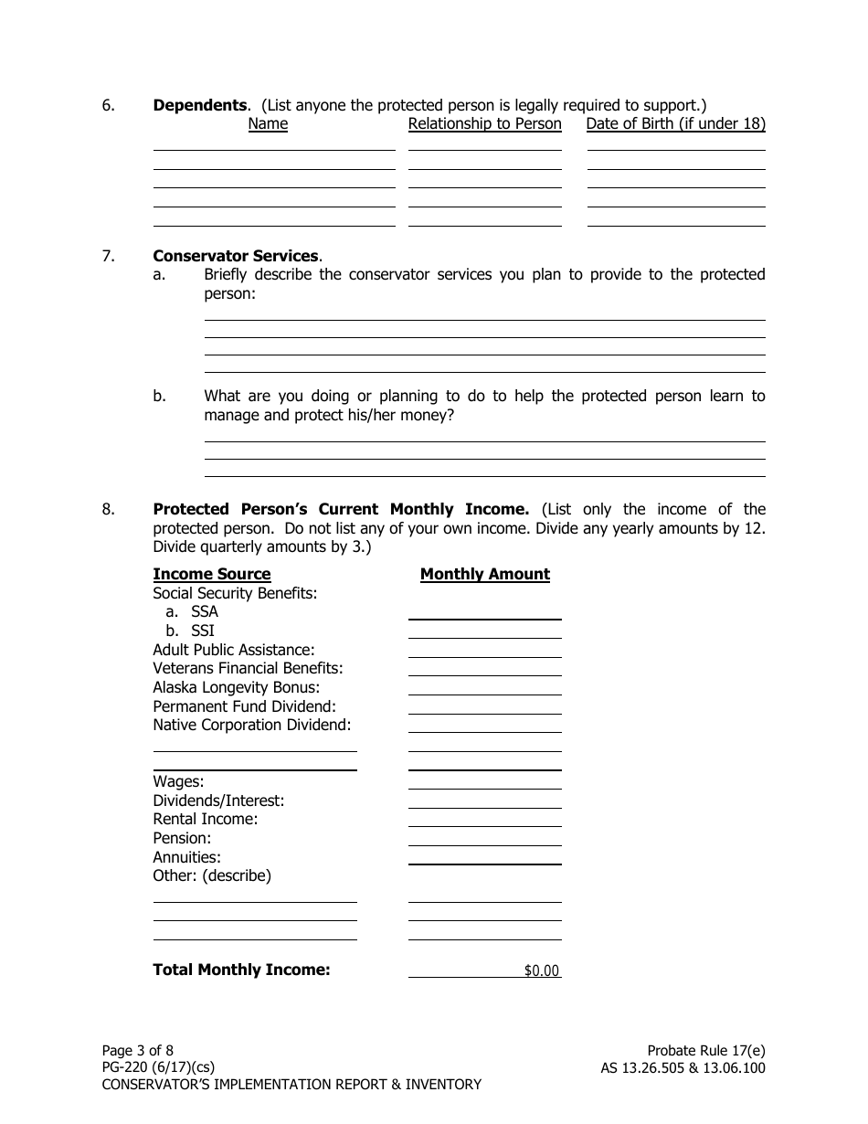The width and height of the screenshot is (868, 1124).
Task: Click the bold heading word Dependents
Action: coord(199,105)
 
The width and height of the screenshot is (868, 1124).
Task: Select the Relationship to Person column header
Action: coord(484,123)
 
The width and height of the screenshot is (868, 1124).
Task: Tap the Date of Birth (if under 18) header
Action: coord(675,123)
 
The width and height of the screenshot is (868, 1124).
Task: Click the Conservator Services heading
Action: coord(236,256)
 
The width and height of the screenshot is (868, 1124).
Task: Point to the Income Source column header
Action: coord(212,574)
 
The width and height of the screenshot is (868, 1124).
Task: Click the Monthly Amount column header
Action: coord(484,574)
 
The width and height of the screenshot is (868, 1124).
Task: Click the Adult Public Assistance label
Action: coord(234,650)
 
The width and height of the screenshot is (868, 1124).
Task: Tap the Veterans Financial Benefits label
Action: coord(248,668)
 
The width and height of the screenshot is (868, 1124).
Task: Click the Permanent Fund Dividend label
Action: coord(244,706)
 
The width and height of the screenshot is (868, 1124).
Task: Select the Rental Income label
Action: coord(206,819)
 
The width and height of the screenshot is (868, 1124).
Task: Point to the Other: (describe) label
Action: coord(212,875)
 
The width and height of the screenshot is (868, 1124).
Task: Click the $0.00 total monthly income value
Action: coord(541,970)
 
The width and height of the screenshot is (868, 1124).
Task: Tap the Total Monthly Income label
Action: coord(241,970)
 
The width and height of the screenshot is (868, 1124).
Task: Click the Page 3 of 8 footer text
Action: coord(137,1050)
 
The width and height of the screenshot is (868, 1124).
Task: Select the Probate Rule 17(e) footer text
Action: coord(705,1050)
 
